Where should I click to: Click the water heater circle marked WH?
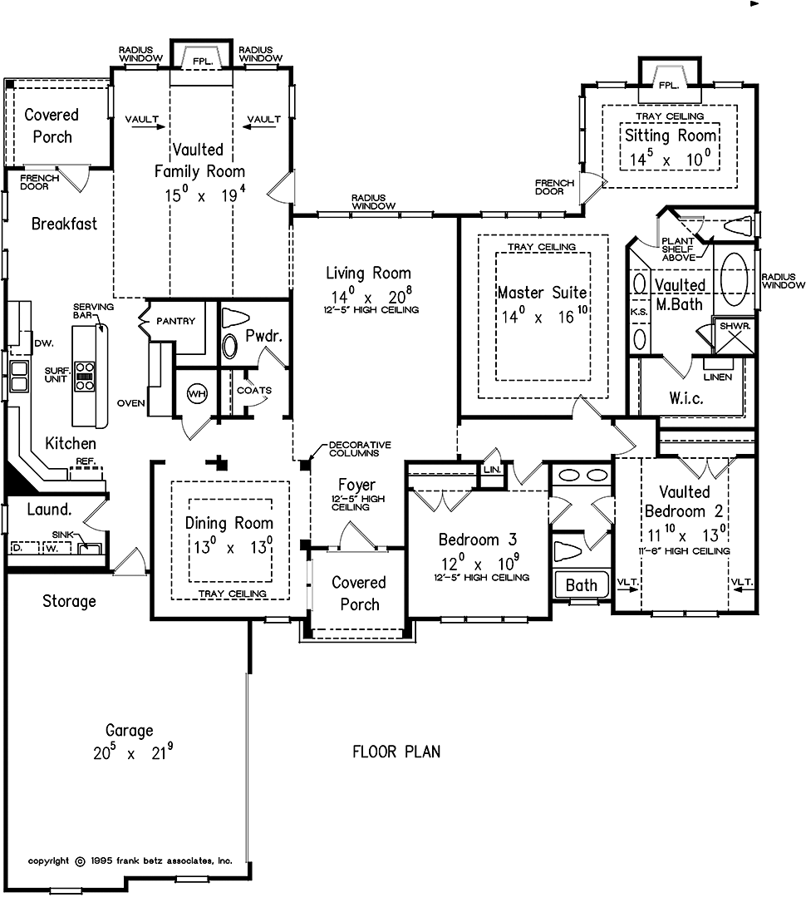pyautogui.click(x=196, y=392)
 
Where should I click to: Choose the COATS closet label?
pyautogui.click(x=254, y=390)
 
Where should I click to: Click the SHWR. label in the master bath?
pyautogui.click(x=735, y=327)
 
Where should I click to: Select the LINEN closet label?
pyautogui.click(x=718, y=377)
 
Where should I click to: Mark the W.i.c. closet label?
pyautogui.click(x=686, y=398)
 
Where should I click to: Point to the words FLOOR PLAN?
pyautogui.click(x=396, y=752)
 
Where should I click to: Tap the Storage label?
pyautogui.click(x=69, y=601)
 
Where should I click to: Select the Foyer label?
pyautogui.click(x=356, y=485)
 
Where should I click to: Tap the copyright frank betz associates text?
pyautogui.click(x=130, y=860)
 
